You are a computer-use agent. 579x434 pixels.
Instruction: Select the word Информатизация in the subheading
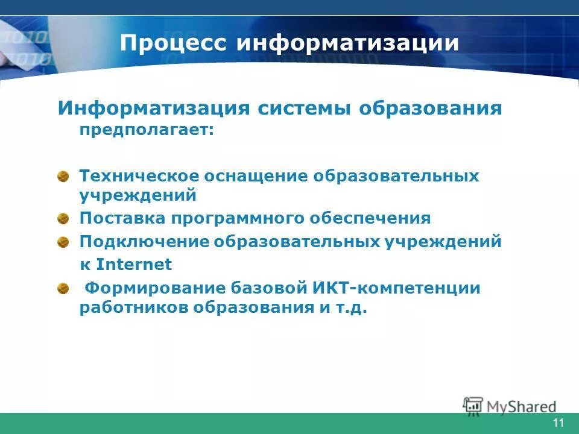(154, 108)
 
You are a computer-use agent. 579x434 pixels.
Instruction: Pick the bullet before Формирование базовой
(63, 289)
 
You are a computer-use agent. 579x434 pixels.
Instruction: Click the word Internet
(134, 265)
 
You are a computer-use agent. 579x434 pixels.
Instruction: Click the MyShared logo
(510, 405)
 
